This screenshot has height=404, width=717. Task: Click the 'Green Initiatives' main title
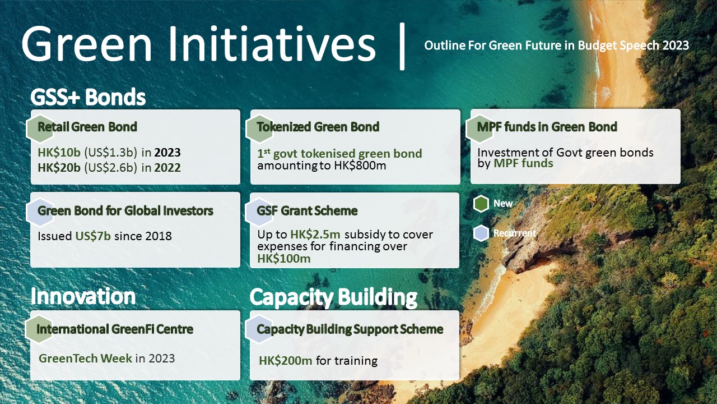point(198,44)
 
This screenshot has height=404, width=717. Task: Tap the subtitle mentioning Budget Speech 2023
point(557,45)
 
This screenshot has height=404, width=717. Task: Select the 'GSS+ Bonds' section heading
point(88,97)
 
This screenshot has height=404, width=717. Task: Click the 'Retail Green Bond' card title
point(87,127)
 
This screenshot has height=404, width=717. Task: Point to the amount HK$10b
point(59,152)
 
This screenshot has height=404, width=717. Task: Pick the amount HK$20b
point(59,168)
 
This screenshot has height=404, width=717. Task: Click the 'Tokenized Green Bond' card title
point(318,127)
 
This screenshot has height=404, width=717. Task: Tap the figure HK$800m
point(360,166)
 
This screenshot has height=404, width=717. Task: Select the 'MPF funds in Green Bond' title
point(547,127)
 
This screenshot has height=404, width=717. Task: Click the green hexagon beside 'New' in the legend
point(481,204)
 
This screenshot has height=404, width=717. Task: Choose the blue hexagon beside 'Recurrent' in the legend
point(481,233)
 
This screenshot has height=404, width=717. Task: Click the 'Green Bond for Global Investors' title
point(125,210)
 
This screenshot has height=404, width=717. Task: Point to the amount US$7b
point(93,236)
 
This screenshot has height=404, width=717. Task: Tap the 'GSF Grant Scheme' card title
point(307,210)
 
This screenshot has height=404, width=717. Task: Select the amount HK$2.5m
point(315,235)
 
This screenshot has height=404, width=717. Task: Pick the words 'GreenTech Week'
point(86,358)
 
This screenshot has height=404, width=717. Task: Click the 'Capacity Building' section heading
point(333,297)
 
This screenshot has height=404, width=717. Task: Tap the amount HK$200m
point(286,361)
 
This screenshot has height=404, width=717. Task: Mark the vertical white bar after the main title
point(402,46)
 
